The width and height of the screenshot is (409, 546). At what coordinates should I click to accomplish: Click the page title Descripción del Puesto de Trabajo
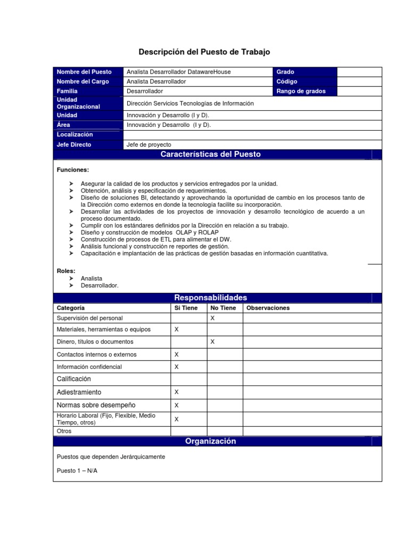point(204,52)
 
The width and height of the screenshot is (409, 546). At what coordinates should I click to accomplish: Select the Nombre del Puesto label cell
point(84,72)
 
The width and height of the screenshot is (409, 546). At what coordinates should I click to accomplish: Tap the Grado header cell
point(285,72)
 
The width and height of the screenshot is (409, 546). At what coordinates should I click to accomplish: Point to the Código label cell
point(287,82)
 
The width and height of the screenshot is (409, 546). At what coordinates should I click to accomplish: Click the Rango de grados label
point(301,91)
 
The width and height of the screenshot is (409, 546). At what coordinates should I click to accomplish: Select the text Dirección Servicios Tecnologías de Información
point(190,103)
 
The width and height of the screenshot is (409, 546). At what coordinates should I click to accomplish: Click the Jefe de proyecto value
point(149,144)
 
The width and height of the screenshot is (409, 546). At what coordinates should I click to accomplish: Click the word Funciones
point(72,170)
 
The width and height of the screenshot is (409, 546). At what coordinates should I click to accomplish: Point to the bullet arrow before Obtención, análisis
point(71,190)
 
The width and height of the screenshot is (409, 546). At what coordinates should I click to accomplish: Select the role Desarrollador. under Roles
point(100,285)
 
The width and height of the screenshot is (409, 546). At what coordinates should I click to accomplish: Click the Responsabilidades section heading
point(211,298)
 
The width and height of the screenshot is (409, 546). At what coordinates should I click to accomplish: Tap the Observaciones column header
point(268,308)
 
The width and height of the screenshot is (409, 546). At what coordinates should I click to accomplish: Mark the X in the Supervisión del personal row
point(212,318)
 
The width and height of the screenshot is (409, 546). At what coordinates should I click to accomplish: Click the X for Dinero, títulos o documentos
point(212,341)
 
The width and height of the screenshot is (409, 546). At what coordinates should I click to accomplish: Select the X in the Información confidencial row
point(177,367)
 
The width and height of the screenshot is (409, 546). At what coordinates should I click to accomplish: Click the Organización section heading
point(210,441)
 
